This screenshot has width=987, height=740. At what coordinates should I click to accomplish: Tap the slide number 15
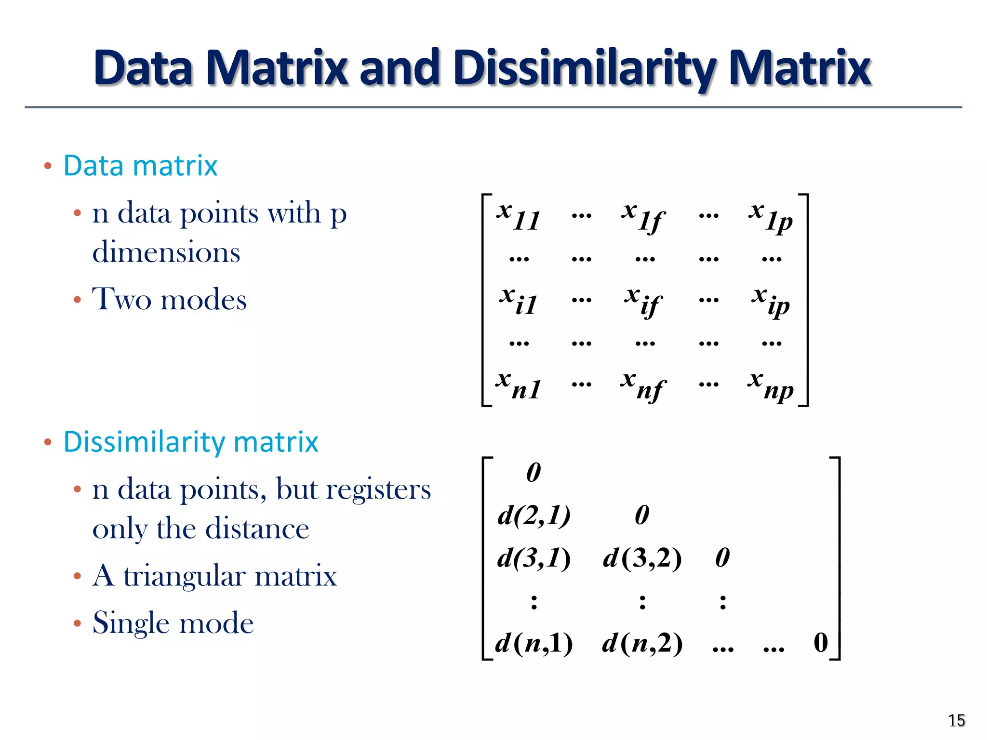tap(956, 720)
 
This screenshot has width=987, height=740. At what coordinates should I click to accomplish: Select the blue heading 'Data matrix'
tap(140, 166)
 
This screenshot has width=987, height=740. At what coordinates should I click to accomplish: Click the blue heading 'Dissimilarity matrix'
tap(191, 442)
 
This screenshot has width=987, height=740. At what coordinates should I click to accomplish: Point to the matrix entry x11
tap(519, 217)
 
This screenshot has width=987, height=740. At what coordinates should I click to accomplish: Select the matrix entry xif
tap(644, 301)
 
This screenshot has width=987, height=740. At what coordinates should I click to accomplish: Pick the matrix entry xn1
tap(519, 386)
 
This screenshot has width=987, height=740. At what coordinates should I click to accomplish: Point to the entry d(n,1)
tap(534, 643)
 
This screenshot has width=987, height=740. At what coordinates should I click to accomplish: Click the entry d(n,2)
tap(642, 643)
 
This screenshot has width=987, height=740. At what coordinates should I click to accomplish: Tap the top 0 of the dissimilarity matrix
tap(534, 472)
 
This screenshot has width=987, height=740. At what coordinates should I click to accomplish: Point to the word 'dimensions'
tap(166, 252)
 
